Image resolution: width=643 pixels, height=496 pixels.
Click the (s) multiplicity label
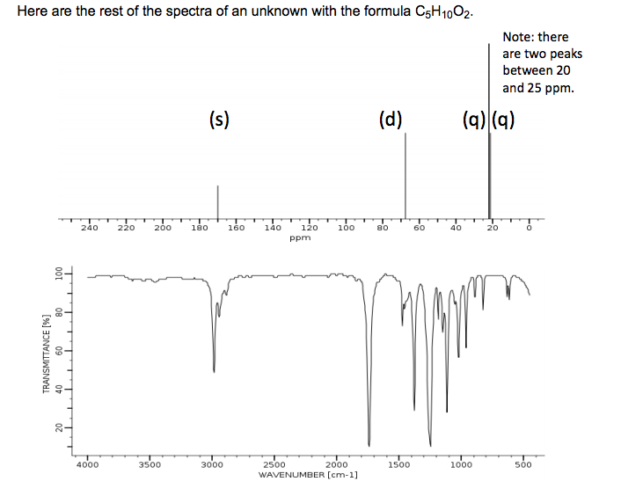tap(219, 119)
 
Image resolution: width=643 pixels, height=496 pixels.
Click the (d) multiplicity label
tap(390, 119)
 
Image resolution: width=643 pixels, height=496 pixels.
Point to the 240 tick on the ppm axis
tap(89, 228)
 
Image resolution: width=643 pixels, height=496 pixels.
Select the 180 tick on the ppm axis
tap(199, 228)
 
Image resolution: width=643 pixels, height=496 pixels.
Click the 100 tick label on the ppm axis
tap(346, 228)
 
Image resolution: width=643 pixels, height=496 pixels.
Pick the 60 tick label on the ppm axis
tap(420, 228)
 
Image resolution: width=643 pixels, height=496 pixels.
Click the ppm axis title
tap(300, 237)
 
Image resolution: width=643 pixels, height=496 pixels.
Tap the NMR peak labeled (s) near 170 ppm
tap(218, 201)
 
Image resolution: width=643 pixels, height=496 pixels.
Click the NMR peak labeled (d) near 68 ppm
tap(406, 176)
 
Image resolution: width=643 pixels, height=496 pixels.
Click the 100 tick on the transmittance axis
tap(58, 274)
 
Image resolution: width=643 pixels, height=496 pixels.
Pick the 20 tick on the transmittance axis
tap(58, 427)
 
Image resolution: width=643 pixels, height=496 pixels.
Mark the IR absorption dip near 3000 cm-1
tap(214, 369)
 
